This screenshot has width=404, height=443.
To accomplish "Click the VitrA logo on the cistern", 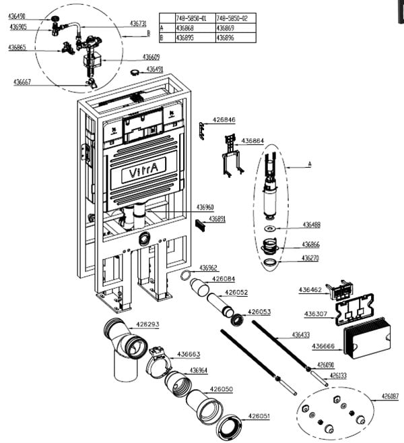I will (139, 174).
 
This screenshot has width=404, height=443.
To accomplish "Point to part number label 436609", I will (152, 57).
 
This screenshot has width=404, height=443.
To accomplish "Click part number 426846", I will (224, 120).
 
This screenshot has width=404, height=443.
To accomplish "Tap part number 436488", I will (310, 225).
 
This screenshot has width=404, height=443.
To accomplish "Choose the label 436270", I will (310, 258).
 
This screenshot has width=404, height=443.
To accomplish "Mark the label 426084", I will (224, 278).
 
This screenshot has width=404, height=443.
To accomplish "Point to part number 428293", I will (147, 325).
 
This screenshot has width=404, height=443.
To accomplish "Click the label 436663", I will (189, 354).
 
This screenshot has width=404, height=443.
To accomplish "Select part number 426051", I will (259, 417).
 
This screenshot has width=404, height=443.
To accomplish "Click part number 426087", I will (391, 396).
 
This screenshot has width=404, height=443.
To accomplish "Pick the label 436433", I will (301, 334).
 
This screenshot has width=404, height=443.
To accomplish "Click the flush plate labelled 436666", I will (368, 339).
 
